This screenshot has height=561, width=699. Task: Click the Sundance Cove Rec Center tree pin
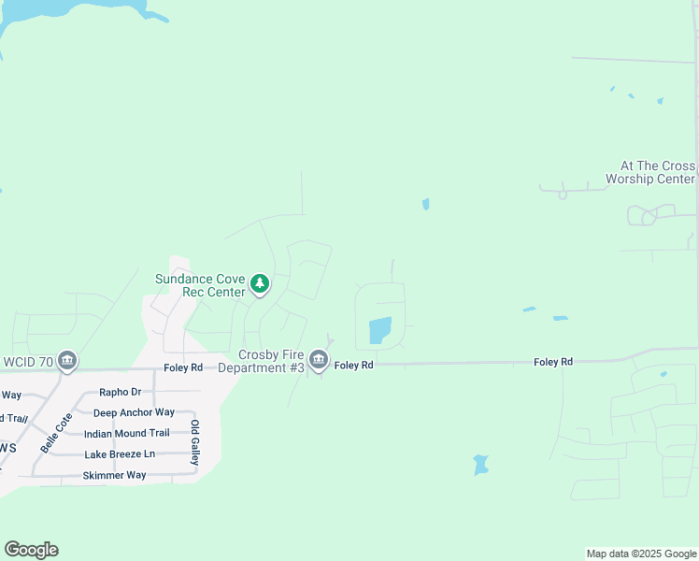(x=260, y=283)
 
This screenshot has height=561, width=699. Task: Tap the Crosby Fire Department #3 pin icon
(x=319, y=359)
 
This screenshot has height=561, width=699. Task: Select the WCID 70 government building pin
(x=66, y=360)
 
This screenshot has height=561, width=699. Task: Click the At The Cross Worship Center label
(x=650, y=172)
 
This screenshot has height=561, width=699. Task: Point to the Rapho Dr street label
(x=120, y=393)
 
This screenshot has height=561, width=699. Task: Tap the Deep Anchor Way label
(x=134, y=412)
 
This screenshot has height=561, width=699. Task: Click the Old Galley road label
(x=194, y=443)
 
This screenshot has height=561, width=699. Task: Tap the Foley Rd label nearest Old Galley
(x=183, y=367)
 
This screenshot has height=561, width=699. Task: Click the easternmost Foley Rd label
(x=553, y=361)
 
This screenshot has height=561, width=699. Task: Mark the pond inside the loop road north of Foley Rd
(x=380, y=330)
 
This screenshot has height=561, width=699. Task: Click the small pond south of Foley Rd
(x=480, y=464)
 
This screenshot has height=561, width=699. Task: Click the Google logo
(x=31, y=550)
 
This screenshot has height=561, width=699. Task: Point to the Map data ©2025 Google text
(x=641, y=554)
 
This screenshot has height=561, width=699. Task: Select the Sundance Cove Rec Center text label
(x=200, y=285)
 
